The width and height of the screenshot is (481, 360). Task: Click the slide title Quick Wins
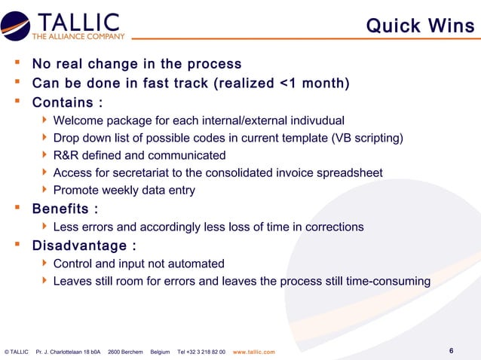(420, 26)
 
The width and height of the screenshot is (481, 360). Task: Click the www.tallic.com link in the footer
(254, 352)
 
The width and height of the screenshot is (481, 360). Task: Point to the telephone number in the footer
(201, 352)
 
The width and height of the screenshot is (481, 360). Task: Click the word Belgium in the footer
(160, 352)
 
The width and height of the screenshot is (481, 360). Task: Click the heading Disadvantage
(78, 246)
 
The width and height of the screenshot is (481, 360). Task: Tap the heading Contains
(66, 102)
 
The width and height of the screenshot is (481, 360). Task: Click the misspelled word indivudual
(316, 121)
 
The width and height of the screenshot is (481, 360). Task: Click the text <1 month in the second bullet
(312, 83)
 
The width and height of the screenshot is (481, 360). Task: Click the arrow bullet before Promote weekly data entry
(45, 191)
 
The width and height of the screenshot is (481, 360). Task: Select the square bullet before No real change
(14, 64)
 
